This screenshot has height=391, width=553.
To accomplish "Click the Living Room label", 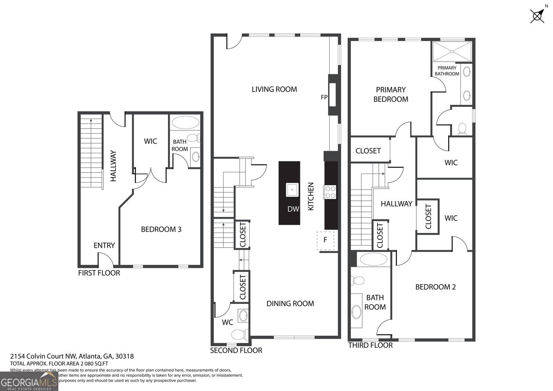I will [x=274, y=89].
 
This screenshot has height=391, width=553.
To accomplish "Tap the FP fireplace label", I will [x=324, y=97].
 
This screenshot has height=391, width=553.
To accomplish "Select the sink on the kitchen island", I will [x=292, y=190].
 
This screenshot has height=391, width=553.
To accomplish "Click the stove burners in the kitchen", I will [x=330, y=192].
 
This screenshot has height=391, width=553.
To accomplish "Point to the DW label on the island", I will [x=293, y=209].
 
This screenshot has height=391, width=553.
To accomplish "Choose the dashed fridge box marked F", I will [x=325, y=240].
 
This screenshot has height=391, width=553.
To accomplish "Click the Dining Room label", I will [x=290, y=304].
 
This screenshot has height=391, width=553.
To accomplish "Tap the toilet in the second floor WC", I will [x=239, y=334].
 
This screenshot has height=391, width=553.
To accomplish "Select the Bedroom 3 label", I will [x=161, y=229].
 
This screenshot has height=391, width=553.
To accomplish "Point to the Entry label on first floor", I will [x=104, y=245].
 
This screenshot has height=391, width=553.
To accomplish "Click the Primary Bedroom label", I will [x=391, y=94].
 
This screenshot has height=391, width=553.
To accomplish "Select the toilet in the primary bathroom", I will [x=462, y=129].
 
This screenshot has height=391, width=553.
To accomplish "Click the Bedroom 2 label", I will [x=435, y=287].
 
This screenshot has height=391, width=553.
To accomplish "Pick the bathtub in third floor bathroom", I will [x=373, y=259].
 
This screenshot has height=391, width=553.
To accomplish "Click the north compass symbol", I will [x=538, y=15].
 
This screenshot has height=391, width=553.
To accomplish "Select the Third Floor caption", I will [x=370, y=345].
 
